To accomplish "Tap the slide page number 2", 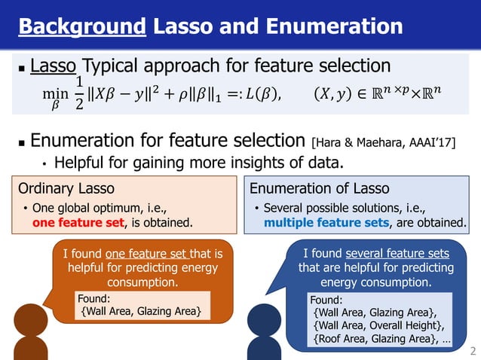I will pos(473,351).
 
